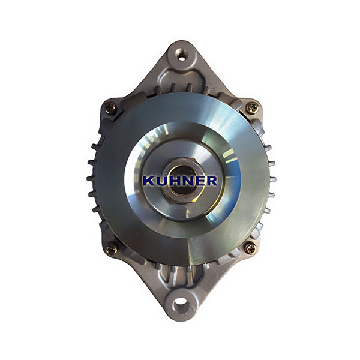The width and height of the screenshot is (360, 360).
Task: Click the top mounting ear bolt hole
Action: click(x=182, y=59)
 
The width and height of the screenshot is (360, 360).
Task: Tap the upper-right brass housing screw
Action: click(x=253, y=107)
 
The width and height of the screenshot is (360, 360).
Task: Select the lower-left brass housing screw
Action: click(x=112, y=249)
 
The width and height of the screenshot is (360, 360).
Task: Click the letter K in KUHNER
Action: click(x=149, y=181)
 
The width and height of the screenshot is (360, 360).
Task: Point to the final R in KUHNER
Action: click(x=211, y=181)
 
